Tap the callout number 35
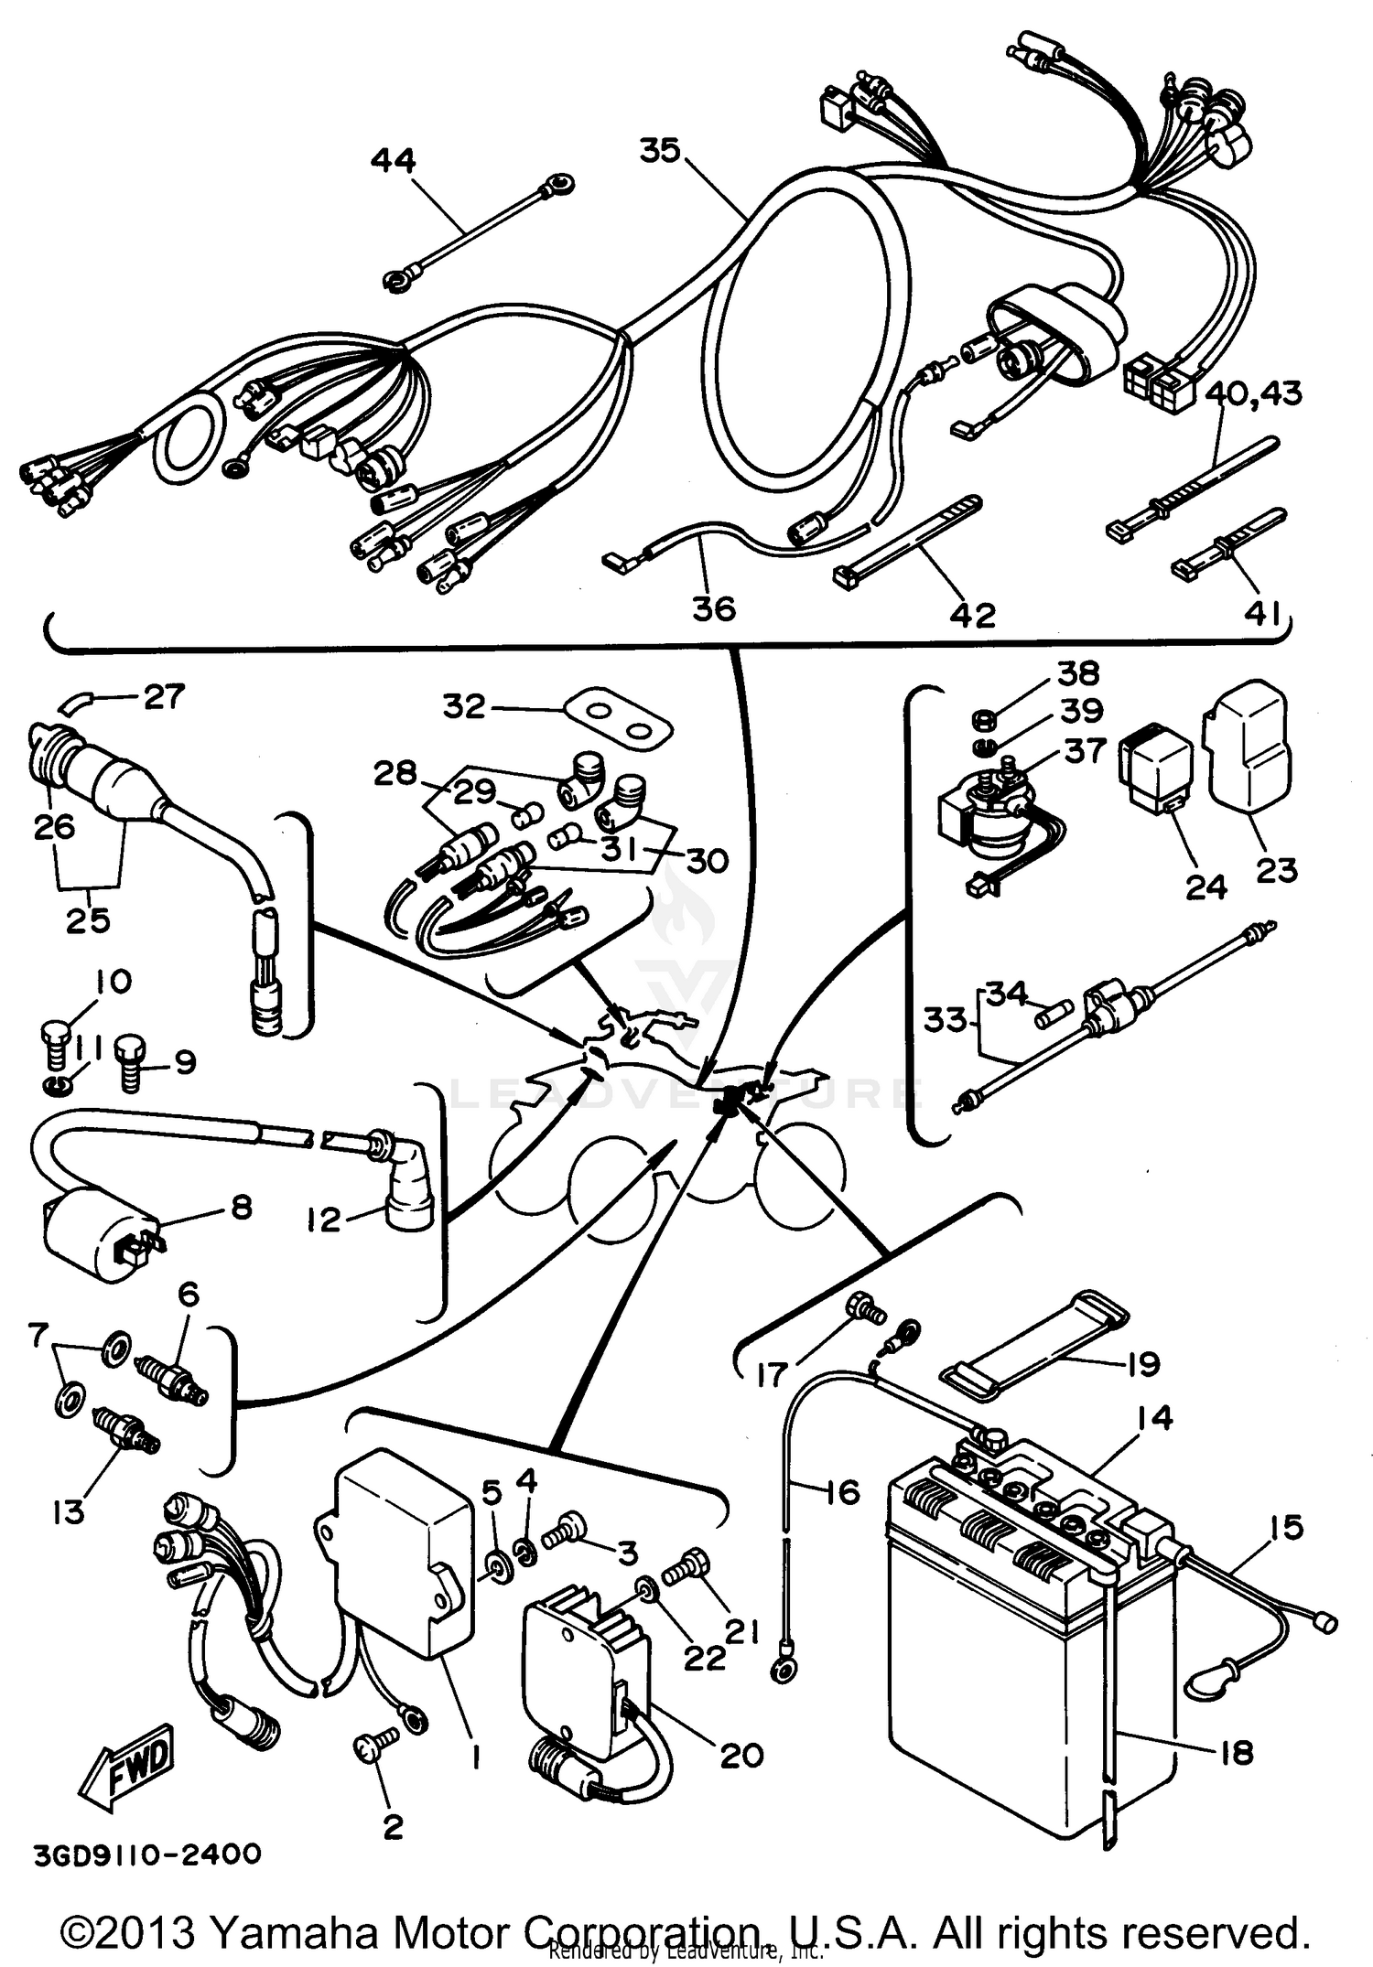coord(660,150)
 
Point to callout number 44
coord(393,161)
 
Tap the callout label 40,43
coord(1253,394)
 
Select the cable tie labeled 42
coord(906,540)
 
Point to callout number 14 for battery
coord(1154,1417)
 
